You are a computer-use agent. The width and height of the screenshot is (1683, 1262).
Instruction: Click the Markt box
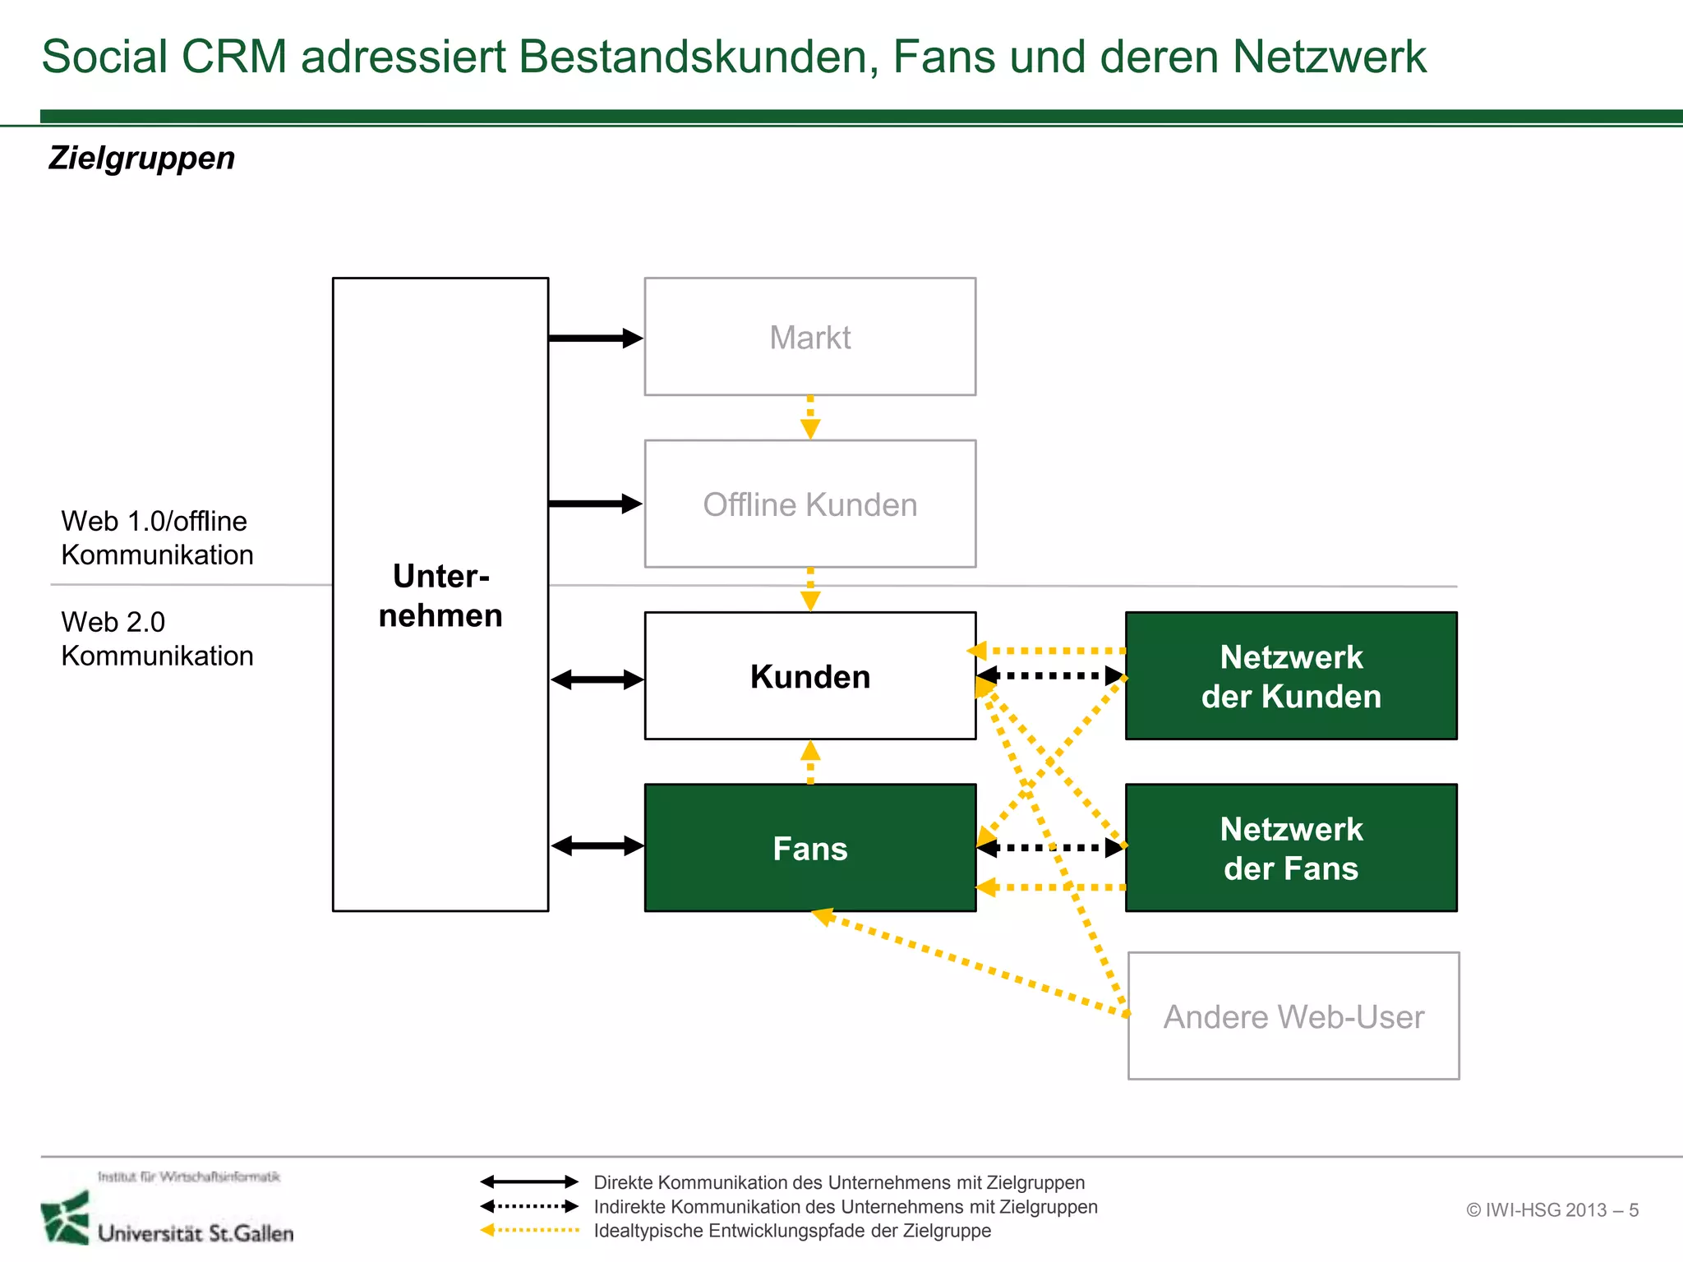click(809, 337)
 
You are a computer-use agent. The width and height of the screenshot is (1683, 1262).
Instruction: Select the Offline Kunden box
click(809, 504)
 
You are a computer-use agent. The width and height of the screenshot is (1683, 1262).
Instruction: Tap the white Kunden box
click(809, 676)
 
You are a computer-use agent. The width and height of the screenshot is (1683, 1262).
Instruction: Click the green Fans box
click(809, 848)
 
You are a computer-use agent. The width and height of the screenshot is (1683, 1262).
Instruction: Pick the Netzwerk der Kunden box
click(1290, 676)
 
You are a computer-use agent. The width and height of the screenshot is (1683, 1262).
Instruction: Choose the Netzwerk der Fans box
click(1290, 848)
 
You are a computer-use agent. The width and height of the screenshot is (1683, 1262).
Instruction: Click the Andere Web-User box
click(1293, 1016)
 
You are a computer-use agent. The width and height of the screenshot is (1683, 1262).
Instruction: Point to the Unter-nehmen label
click(440, 596)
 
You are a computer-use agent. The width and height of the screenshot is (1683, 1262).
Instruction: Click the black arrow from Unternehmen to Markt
click(595, 338)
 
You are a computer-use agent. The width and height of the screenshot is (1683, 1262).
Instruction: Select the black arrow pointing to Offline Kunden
click(595, 504)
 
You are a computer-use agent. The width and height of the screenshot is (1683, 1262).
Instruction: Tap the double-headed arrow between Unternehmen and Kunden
click(597, 679)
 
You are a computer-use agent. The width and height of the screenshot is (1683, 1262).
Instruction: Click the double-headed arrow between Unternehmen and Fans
click(597, 845)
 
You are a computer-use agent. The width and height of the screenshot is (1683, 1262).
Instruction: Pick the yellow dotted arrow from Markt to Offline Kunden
click(810, 417)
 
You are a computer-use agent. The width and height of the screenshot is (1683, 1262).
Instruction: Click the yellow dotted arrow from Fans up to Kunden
click(810, 762)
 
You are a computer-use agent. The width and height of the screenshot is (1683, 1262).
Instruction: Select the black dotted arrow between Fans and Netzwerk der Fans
click(1049, 848)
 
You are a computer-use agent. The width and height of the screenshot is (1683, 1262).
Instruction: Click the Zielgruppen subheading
click(141, 158)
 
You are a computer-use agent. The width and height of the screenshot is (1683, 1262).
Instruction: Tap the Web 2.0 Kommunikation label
click(156, 639)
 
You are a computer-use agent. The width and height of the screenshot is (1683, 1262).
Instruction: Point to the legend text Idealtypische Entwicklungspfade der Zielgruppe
click(792, 1231)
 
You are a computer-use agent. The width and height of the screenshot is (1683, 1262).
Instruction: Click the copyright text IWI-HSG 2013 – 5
click(1552, 1210)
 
